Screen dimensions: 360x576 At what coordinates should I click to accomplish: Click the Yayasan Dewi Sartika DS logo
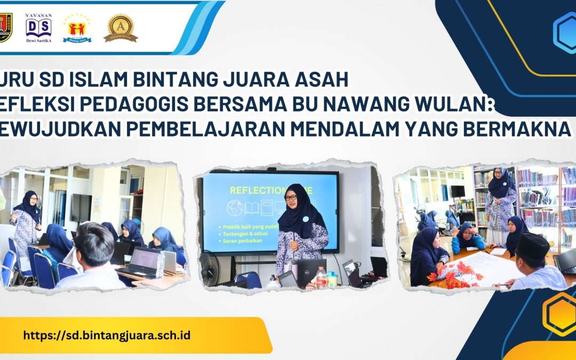(38, 27)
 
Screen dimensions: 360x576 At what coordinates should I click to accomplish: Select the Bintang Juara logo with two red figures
(77, 28)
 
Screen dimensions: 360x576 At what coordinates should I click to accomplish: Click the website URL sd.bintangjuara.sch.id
(107, 335)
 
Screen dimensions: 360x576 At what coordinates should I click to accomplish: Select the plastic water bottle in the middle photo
(321, 277)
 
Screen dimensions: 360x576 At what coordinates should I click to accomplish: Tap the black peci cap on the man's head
(533, 245)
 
